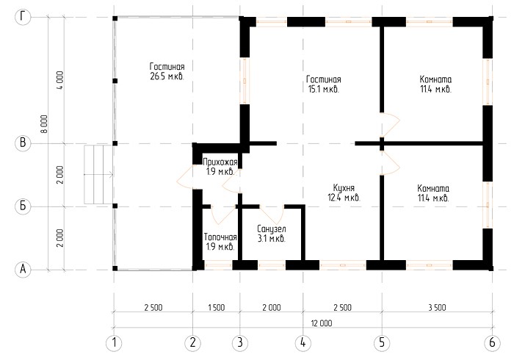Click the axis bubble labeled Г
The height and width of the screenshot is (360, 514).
[x=23, y=17]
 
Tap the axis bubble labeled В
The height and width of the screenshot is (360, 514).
[x=23, y=143]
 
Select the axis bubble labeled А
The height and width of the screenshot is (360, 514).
[x=23, y=269]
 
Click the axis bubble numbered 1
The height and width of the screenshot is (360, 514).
[x=114, y=343]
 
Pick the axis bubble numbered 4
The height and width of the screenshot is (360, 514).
[x=303, y=343]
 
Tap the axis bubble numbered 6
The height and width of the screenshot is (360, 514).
[x=492, y=343]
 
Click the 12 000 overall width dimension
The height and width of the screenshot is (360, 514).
[x=322, y=323]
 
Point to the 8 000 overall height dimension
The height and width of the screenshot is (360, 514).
[x=45, y=124]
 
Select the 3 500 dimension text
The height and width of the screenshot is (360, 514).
[x=437, y=308]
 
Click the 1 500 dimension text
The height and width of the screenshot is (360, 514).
[x=217, y=308]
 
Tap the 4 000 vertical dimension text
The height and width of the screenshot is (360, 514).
[x=60, y=81]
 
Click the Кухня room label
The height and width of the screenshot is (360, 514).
[x=344, y=188]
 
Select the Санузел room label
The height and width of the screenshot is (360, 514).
[x=272, y=228]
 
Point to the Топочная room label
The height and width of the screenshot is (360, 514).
[x=220, y=237]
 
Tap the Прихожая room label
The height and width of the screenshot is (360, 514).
[x=220, y=162]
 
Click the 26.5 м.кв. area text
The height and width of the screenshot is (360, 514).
[x=167, y=76]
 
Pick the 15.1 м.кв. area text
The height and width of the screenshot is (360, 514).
[x=324, y=89]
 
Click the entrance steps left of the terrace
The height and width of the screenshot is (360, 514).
[x=98, y=174]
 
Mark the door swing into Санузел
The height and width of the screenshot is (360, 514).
[x=272, y=215]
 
